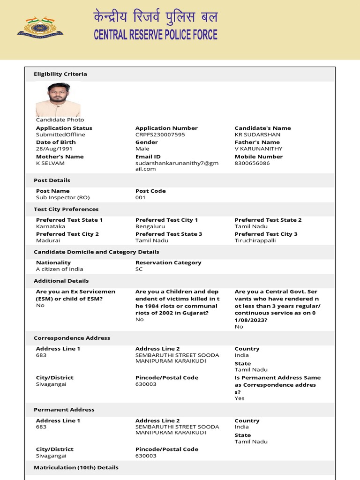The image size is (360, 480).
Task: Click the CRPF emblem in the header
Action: pos(40,27)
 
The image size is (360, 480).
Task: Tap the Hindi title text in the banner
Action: pos(155,18)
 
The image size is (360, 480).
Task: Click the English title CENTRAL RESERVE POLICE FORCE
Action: pos(156,35)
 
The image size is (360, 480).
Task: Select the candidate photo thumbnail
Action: pos(58,100)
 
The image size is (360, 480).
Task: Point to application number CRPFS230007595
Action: pos(160,135)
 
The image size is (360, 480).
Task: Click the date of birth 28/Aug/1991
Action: pos(54,149)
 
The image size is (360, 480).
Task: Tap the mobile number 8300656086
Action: pos(252,163)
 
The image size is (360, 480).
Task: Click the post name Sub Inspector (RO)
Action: pos(62,197)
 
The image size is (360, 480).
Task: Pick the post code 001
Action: pos(141,197)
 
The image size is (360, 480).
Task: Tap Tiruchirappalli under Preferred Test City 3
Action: pos(255,240)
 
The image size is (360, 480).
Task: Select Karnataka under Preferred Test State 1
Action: pos(51,226)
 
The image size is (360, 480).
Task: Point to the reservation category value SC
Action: pos(139,269)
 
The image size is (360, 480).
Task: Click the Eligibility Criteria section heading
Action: pos(60,74)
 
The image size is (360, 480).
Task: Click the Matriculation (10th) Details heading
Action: pos(76,467)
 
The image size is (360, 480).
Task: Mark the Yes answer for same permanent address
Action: pos(240,398)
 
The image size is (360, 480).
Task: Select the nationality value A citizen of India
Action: pos(60,269)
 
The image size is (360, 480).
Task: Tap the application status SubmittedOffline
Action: pos(60,135)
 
